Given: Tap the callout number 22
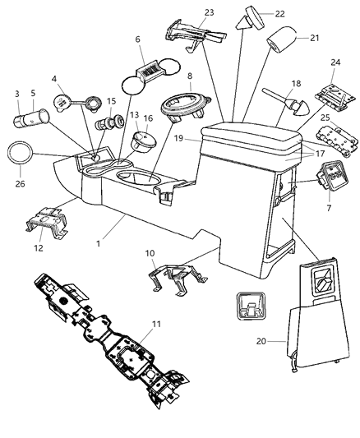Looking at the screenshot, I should (x=279, y=14).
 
